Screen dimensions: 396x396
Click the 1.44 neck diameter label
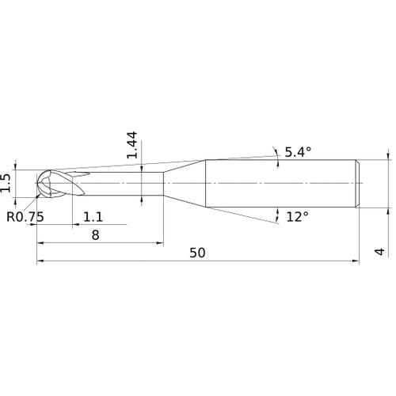click(133, 145)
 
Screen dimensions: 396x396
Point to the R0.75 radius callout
click(24, 216)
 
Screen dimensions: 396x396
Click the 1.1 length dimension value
click(93, 216)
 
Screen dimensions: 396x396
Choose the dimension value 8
click(95, 235)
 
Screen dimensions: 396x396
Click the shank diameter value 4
click(379, 252)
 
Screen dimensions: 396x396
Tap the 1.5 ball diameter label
click(7, 183)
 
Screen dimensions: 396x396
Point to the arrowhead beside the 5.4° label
click(276, 151)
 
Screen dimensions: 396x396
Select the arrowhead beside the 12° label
click(278, 214)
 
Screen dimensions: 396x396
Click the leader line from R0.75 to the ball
click(35, 201)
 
